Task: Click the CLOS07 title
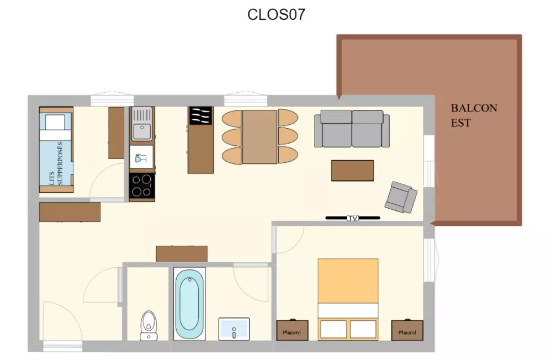pyautogui.click(x=276, y=14)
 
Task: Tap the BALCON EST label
pyautogui.click(x=474, y=115)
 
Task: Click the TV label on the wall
pyautogui.click(x=352, y=218)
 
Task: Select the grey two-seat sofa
pyautogui.click(x=352, y=129)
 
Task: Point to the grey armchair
pyautogui.click(x=401, y=197)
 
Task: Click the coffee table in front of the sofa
pyautogui.click(x=352, y=171)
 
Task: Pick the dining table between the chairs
pyautogui.click(x=260, y=137)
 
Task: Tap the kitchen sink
pyautogui.click(x=142, y=124)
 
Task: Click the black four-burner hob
pyautogui.click(x=142, y=186)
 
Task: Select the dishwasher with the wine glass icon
pyautogui.click(x=141, y=157)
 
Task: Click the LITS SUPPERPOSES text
pyautogui.click(x=56, y=163)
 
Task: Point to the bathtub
pyautogui.click(x=189, y=304)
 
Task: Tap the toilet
pyautogui.click(x=148, y=325)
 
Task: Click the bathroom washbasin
pyautogui.click(x=233, y=329)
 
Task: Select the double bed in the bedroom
pyautogui.click(x=348, y=299)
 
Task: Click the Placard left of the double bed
pyautogui.click(x=292, y=330)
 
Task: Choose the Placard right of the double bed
pyautogui.click(x=407, y=330)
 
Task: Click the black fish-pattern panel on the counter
pyautogui.click(x=201, y=115)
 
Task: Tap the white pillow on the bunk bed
pyautogui.click(x=55, y=123)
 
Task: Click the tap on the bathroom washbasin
pyautogui.click(x=233, y=332)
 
